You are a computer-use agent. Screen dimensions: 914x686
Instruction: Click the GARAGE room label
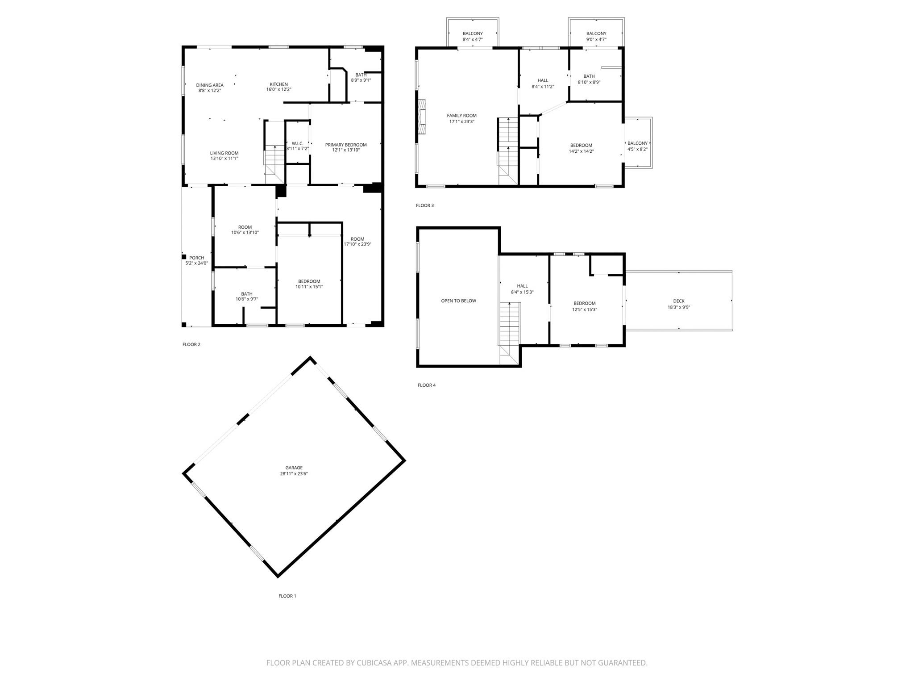(294, 468)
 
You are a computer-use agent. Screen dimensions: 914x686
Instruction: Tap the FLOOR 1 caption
(287, 596)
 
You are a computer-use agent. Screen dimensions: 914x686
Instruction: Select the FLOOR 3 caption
(424, 205)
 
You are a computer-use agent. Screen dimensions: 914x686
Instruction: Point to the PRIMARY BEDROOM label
(346, 145)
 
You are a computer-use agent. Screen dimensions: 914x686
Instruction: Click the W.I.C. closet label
(297, 143)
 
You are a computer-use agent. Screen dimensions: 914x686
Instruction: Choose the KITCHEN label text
(278, 84)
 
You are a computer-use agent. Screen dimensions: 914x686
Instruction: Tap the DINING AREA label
(210, 85)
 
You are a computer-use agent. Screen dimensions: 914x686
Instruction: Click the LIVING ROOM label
(224, 153)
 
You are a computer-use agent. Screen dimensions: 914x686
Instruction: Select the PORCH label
(196, 258)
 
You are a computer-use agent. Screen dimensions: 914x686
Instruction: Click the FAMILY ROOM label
(462, 116)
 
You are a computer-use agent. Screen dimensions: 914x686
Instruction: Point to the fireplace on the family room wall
(421, 117)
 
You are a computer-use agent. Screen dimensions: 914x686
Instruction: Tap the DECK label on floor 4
(679, 301)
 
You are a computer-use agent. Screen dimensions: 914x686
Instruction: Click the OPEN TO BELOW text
(458, 301)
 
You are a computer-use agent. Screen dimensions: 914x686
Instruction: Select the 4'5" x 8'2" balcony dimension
(637, 150)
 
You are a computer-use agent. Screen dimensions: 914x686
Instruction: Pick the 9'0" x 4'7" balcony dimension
(596, 40)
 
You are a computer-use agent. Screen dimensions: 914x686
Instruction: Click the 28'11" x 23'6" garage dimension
(294, 474)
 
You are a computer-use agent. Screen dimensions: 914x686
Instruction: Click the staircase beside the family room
(508, 151)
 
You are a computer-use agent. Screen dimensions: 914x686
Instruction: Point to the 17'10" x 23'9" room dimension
(357, 244)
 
